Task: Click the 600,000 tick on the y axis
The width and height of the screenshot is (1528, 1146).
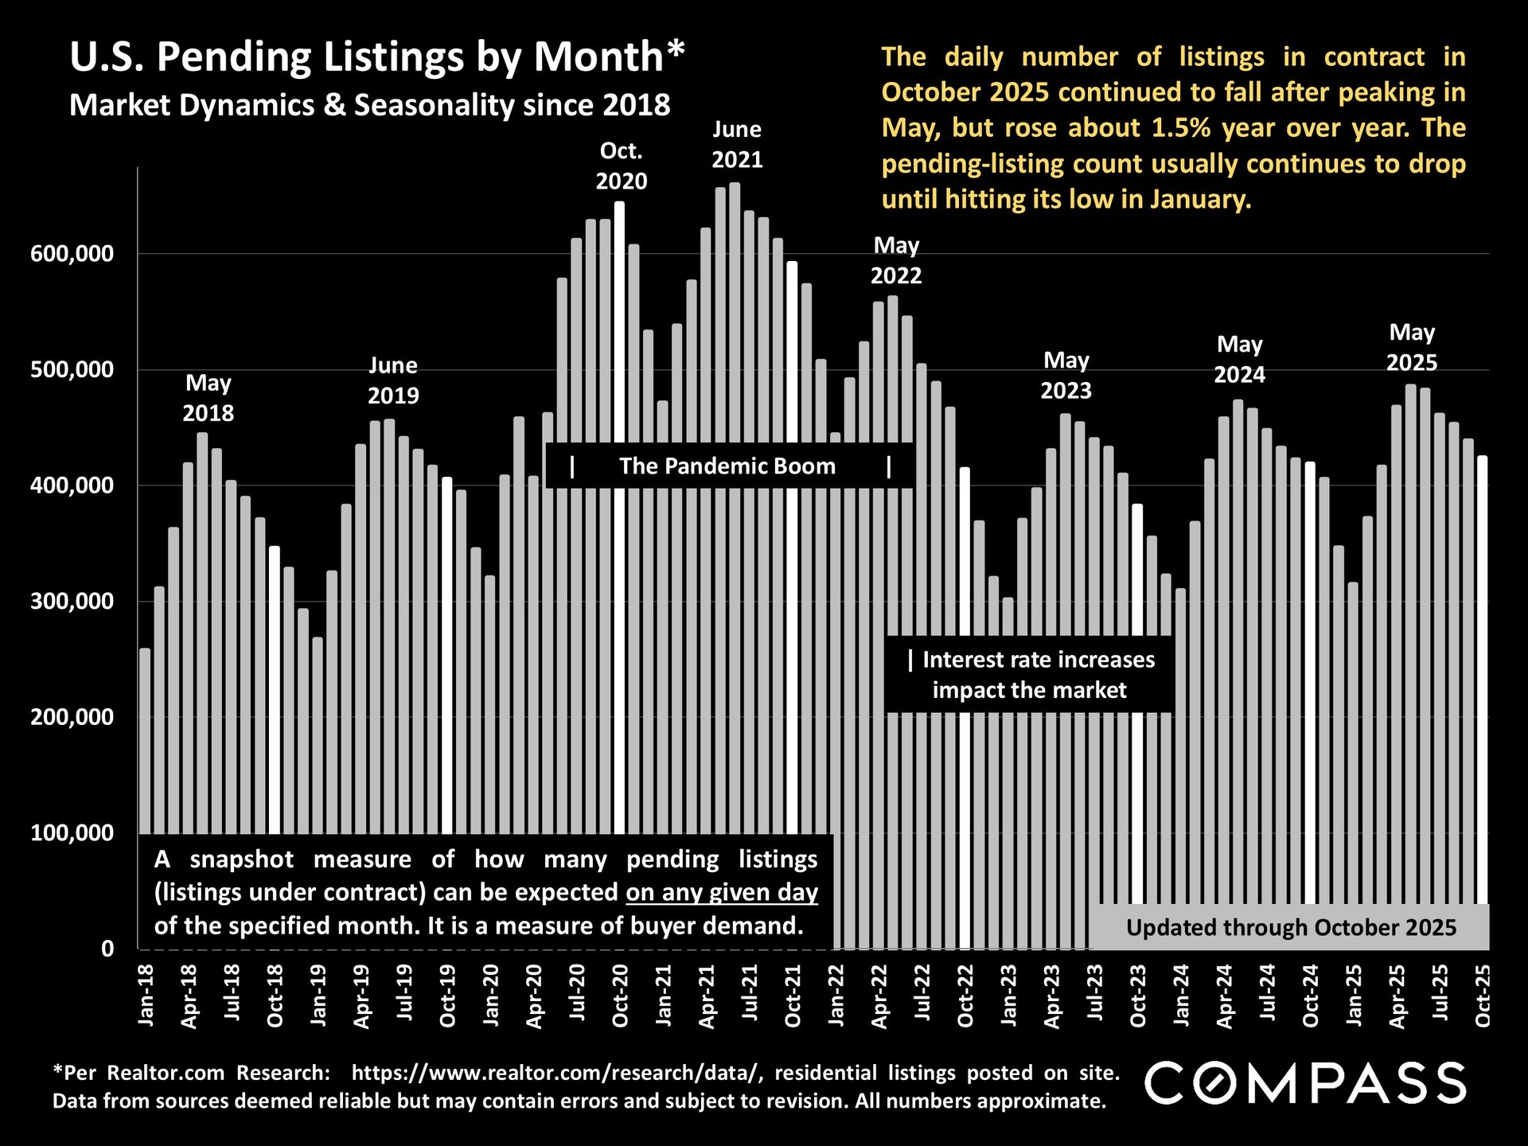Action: coord(72,254)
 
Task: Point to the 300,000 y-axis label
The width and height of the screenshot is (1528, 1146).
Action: coord(72,601)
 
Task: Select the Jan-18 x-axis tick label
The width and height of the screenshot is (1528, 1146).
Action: coord(146,995)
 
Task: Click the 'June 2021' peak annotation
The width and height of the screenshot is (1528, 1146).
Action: coord(737,144)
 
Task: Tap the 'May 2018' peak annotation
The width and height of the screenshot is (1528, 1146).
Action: coord(209,398)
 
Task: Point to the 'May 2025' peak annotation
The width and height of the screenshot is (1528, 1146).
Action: coord(1412,347)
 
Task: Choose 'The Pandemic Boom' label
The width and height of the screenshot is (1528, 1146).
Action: coord(727,466)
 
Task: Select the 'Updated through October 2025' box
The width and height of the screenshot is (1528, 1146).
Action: coord(1291,928)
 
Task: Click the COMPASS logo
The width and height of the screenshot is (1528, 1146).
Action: coord(1305,1083)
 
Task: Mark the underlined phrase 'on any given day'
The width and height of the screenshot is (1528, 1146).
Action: coord(722,893)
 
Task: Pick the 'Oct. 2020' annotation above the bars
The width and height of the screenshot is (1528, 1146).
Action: coord(622,166)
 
